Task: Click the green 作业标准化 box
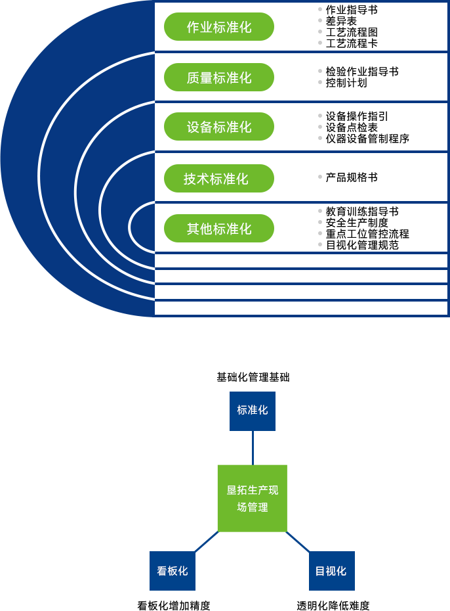pyautogui.click(x=219, y=27)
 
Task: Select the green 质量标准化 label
pyautogui.click(x=219, y=78)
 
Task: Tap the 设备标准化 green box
pyautogui.click(x=219, y=127)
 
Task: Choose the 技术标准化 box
pyautogui.click(x=219, y=178)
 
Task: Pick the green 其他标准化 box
pyautogui.click(x=219, y=229)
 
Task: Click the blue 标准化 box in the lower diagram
pyautogui.click(x=253, y=411)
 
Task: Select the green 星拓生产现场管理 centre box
pyautogui.click(x=253, y=498)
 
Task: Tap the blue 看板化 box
pyautogui.click(x=173, y=570)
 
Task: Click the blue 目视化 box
pyautogui.click(x=331, y=570)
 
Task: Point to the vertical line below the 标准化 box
pyautogui.click(x=253, y=447)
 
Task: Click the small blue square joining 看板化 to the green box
pyautogui.click(x=205, y=541)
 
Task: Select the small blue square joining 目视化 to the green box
pyautogui.click(x=300, y=542)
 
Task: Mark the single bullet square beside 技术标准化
pyautogui.click(x=320, y=177)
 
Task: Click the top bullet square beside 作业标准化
pyautogui.click(x=320, y=9)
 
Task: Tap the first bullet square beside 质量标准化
pyautogui.click(x=320, y=71)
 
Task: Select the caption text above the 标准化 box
pyautogui.click(x=253, y=377)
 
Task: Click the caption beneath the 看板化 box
pyautogui.click(x=173, y=606)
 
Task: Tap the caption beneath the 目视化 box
pyautogui.click(x=333, y=606)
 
